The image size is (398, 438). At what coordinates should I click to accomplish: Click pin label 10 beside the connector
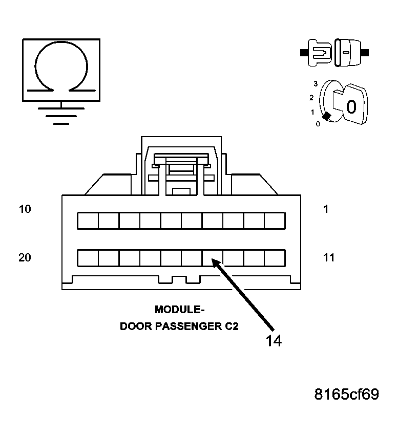(x=25, y=209)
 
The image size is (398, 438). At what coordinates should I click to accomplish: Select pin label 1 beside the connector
(x=326, y=209)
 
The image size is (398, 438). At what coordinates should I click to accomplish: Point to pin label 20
(x=25, y=257)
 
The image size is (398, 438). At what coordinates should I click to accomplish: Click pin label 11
(x=329, y=257)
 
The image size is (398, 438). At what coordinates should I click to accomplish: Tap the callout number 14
(x=273, y=341)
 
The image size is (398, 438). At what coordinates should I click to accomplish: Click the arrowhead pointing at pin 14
(x=217, y=263)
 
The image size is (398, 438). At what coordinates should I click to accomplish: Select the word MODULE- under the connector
(x=179, y=310)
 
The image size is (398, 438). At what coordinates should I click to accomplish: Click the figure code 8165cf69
(x=347, y=395)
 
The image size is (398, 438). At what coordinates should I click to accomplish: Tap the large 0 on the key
(x=351, y=106)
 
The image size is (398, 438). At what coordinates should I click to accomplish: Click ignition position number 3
(x=316, y=83)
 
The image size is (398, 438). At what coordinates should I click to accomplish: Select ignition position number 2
(x=311, y=97)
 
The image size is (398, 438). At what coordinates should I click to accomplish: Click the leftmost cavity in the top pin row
(x=88, y=221)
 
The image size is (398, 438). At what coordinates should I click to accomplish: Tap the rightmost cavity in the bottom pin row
(x=275, y=258)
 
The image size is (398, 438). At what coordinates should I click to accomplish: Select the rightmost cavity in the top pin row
(x=275, y=221)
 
